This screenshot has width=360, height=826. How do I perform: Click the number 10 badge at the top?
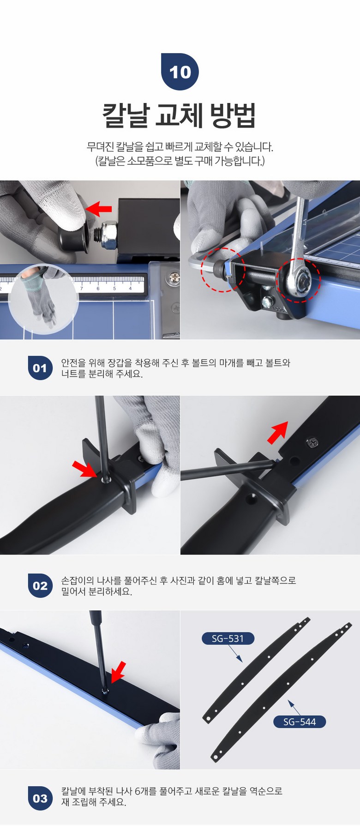(x=180, y=72)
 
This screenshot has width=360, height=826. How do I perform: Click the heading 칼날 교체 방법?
(x=179, y=115)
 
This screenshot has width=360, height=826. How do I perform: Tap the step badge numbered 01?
(x=40, y=368)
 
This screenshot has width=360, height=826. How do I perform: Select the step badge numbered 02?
(x=40, y=585)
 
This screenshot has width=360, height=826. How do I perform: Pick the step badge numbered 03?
(x=40, y=798)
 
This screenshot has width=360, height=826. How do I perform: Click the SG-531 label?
(x=228, y=639)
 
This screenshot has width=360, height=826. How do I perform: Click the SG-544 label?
(x=300, y=722)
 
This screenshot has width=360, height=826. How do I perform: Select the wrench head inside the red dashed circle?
(x=299, y=278)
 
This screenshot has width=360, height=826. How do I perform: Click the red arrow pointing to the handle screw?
(x=85, y=469)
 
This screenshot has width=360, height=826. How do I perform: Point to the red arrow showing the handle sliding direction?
(x=278, y=433)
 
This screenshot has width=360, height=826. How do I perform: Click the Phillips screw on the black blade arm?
(x=312, y=443)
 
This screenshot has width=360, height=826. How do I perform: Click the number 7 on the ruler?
(x=82, y=288)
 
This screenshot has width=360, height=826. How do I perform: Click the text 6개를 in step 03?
(x=146, y=791)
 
